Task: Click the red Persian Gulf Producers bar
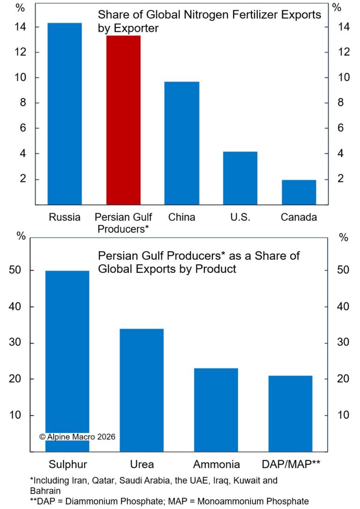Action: click(123, 120)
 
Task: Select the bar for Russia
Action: click(65, 114)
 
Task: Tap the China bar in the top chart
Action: click(182, 143)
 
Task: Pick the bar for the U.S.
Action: click(240, 178)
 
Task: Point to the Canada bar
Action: click(299, 192)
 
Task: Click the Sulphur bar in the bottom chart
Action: click(67, 361)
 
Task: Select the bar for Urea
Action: click(142, 390)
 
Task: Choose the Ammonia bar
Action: click(216, 410)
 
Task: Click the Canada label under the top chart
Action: click(299, 217)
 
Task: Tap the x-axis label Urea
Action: click(142, 464)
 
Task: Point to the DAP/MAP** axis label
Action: click(290, 464)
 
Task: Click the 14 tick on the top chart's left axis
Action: click(21, 27)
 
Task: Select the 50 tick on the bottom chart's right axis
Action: click(344, 271)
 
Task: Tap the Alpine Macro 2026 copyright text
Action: click(77, 436)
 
